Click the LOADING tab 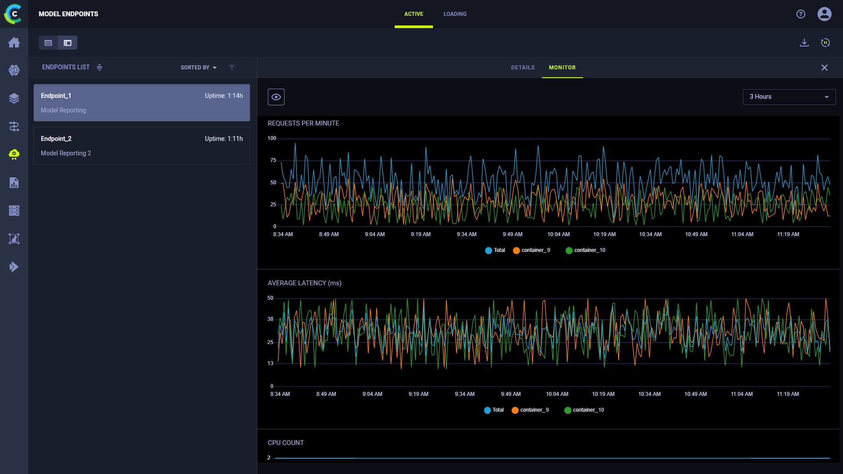point(455,14)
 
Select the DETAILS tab point(522,68)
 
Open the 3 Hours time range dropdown point(789,97)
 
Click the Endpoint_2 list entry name point(56,139)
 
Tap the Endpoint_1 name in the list point(56,96)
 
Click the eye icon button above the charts point(276,97)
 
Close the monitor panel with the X point(825,68)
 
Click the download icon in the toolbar point(804,43)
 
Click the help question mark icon point(801,14)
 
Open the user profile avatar point(825,14)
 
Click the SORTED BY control point(198,68)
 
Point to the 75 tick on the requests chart point(273,160)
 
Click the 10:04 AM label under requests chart point(558,234)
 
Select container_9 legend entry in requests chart point(531,250)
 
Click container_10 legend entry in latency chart point(584,410)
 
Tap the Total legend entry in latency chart point(494,410)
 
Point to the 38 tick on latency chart point(270,319)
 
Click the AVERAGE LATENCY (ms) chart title point(305,283)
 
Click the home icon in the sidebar point(14,42)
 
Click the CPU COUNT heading point(286,443)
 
